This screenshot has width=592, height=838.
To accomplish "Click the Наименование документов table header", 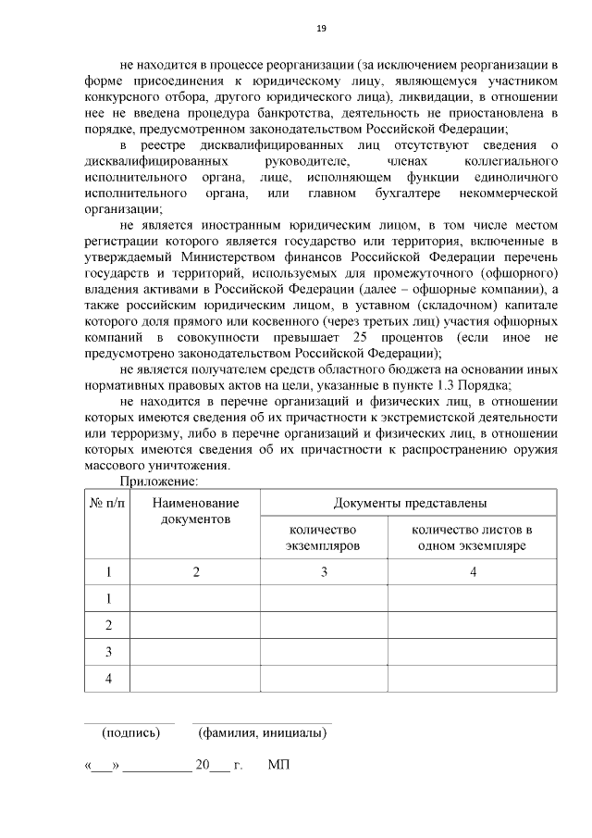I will tap(195, 511).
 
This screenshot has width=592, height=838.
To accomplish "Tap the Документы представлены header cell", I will tap(409, 503).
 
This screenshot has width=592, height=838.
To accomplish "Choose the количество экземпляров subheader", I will tap(324, 538).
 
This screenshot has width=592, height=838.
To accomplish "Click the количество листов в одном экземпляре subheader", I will tap(472, 538).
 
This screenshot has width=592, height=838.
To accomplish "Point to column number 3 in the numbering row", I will tap(324, 572).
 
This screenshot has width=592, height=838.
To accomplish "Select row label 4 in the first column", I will tap(108, 679).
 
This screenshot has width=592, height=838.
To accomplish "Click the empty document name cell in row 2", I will tap(195, 625).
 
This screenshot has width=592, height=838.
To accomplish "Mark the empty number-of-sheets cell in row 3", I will tap(472, 652).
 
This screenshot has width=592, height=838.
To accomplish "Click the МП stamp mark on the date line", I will tap(277, 767).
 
